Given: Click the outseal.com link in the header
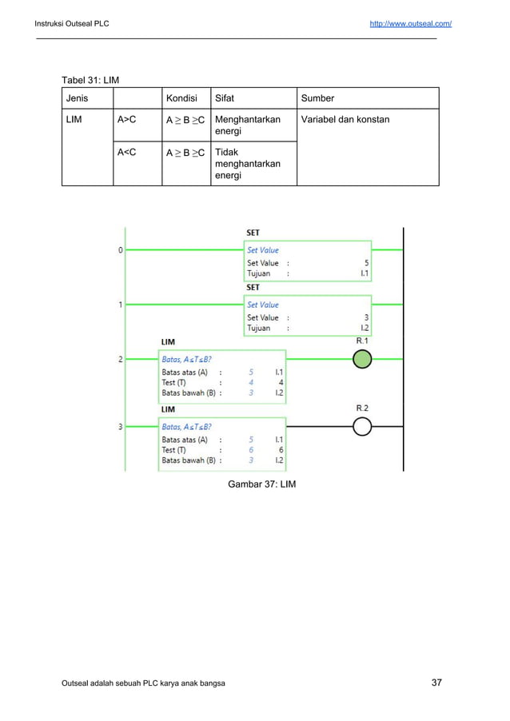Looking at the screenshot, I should tap(410, 24).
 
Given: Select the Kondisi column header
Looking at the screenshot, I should tap(181, 98).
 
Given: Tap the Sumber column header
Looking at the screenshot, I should tap(317, 98).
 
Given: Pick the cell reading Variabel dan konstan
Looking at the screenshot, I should tap(345, 120).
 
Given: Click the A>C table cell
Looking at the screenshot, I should tap(126, 120).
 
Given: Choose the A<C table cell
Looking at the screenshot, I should tap(126, 152).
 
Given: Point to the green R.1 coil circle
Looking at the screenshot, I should tap(363, 360).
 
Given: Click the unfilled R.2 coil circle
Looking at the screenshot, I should tap(363, 427).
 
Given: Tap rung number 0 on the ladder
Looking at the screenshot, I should tap(121, 250).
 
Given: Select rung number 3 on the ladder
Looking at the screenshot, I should tap(121, 427).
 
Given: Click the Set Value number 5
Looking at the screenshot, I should tap(366, 262).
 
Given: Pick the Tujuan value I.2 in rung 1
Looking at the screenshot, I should tap(364, 328).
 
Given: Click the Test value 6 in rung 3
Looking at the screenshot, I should tap(281, 450).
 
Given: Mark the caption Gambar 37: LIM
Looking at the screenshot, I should tap(261, 484).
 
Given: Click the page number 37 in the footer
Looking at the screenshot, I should tap(436, 683).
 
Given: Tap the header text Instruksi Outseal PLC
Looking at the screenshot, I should tap(72, 24).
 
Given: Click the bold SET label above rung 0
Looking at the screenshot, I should tap(253, 233).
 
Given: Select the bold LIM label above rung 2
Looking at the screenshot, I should tap(168, 341).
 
